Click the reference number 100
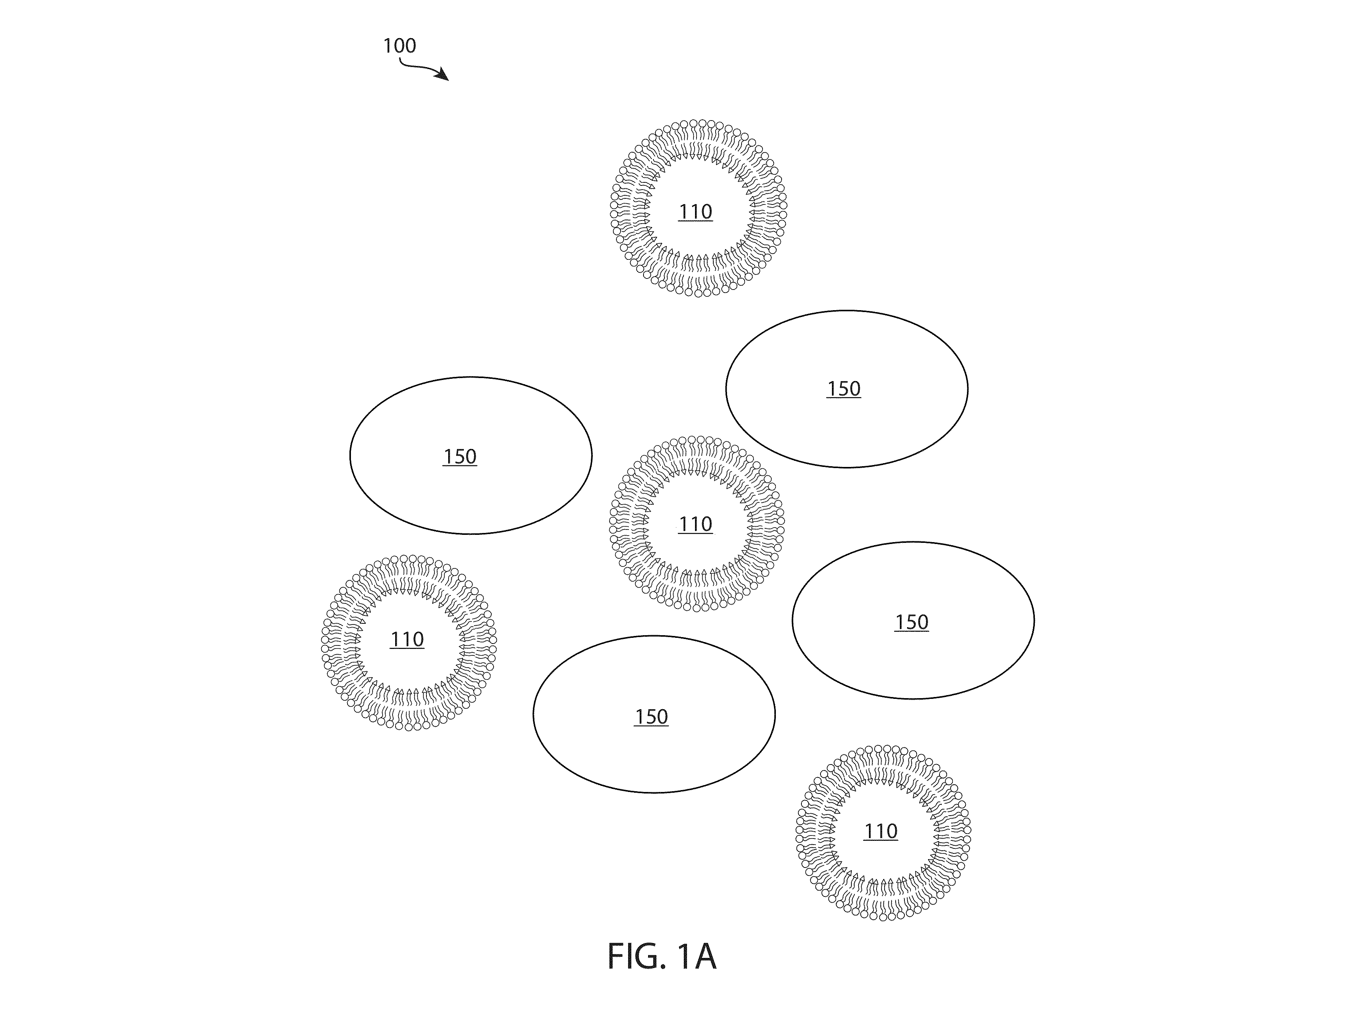coord(399,46)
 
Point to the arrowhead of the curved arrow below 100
coord(442,75)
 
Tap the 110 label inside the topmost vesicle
coord(695,212)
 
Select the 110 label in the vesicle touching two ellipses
coord(695,524)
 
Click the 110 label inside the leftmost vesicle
coord(407,640)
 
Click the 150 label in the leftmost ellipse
coord(459,457)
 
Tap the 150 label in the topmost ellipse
coord(843,389)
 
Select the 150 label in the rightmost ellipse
coord(911,623)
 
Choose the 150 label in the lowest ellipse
coord(651,717)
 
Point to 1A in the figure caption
coord(696,956)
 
